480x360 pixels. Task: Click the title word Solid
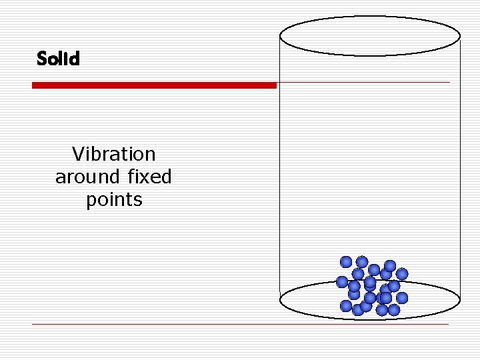click(x=58, y=59)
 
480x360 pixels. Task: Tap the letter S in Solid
click(x=42, y=59)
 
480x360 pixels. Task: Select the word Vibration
click(x=113, y=154)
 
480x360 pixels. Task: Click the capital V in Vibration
click(x=78, y=154)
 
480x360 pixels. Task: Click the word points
click(x=114, y=200)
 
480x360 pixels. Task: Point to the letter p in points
click(x=91, y=201)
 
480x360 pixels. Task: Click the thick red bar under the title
click(x=154, y=85)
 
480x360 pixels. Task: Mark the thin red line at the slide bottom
click(x=240, y=325)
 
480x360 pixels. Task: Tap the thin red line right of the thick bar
click(x=363, y=83)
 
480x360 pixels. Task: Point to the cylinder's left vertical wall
click(x=279, y=167)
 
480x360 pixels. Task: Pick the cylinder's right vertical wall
click(x=460, y=167)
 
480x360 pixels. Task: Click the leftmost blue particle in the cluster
click(x=342, y=281)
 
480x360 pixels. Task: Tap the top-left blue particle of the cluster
click(x=346, y=261)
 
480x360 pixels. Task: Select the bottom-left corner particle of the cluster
click(x=346, y=305)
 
